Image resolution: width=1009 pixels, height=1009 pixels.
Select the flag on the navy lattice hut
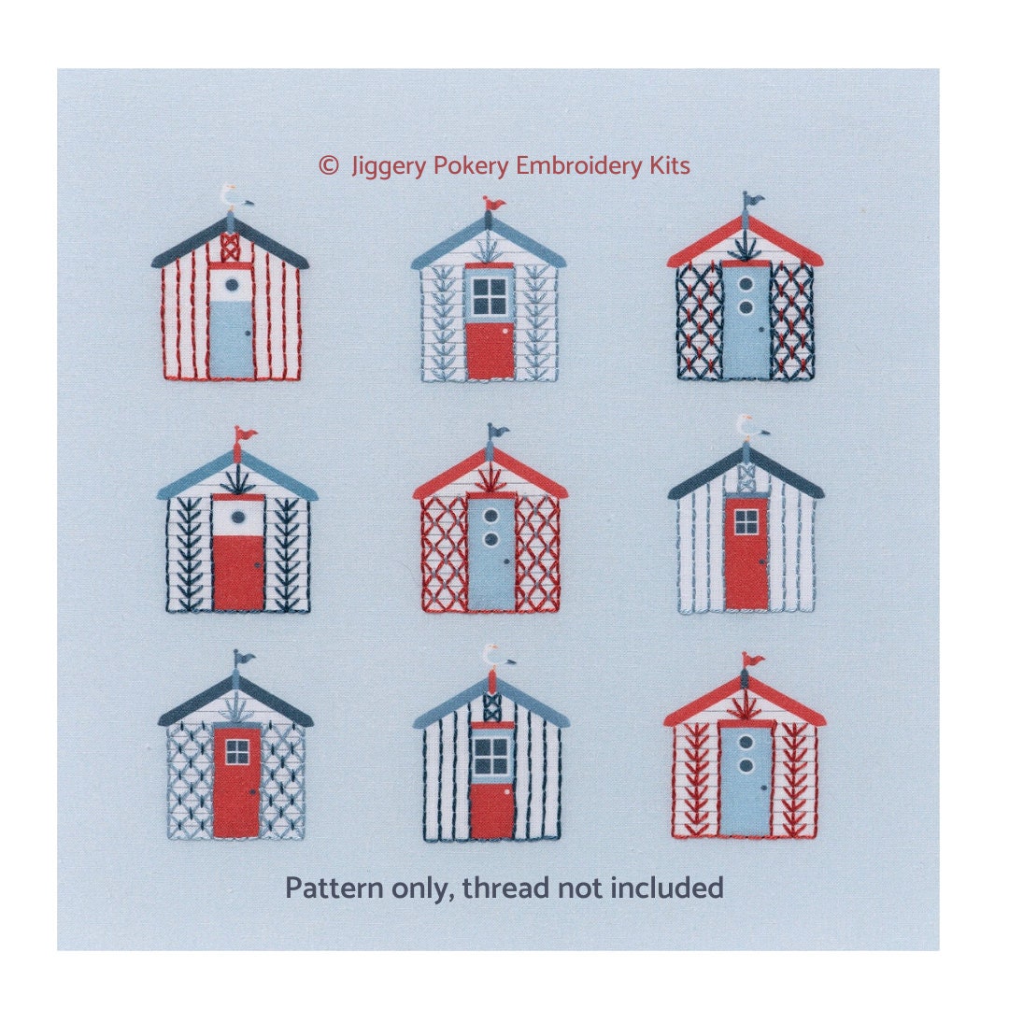coord(751,199)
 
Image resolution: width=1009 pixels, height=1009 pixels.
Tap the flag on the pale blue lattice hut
coord(243,659)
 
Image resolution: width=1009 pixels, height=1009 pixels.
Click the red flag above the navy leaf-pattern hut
coord(245,434)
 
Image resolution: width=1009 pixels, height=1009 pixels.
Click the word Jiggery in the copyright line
coord(383,166)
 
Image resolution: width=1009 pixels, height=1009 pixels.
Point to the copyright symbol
coord(328,166)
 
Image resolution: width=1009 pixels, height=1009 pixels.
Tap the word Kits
coord(669,166)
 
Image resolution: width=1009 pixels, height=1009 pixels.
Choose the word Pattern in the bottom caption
coord(322,888)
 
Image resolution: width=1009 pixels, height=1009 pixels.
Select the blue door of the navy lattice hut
coord(746,322)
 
